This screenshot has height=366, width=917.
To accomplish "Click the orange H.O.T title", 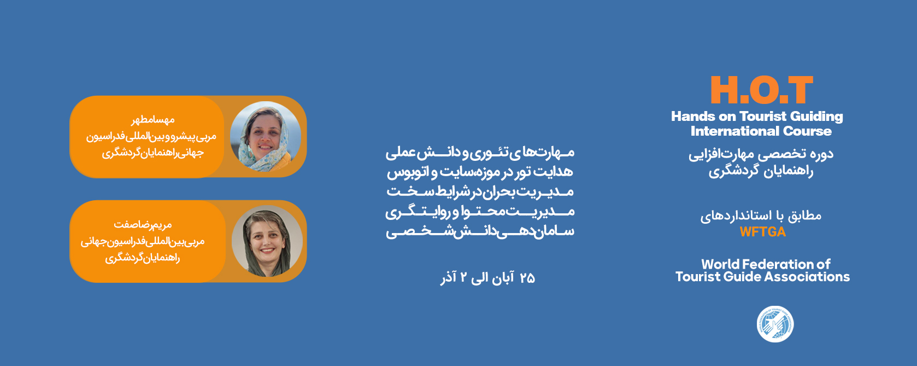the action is click(x=761, y=90).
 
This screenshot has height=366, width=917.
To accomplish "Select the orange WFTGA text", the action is click(x=763, y=232).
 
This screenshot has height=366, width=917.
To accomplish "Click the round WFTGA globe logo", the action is click(x=775, y=324).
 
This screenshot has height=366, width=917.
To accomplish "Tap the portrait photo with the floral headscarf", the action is click(x=265, y=136).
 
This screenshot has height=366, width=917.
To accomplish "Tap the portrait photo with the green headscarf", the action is click(x=267, y=241).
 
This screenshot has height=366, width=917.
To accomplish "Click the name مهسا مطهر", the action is click(x=152, y=120).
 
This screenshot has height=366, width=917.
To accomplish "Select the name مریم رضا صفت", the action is click(x=143, y=225).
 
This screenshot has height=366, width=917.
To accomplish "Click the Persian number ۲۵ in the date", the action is click(x=527, y=278).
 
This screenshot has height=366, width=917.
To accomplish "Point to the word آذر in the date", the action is click(x=449, y=278).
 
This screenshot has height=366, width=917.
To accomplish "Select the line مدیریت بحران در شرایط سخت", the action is click(x=480, y=192).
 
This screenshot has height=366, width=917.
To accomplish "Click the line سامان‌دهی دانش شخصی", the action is click(x=480, y=231).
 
